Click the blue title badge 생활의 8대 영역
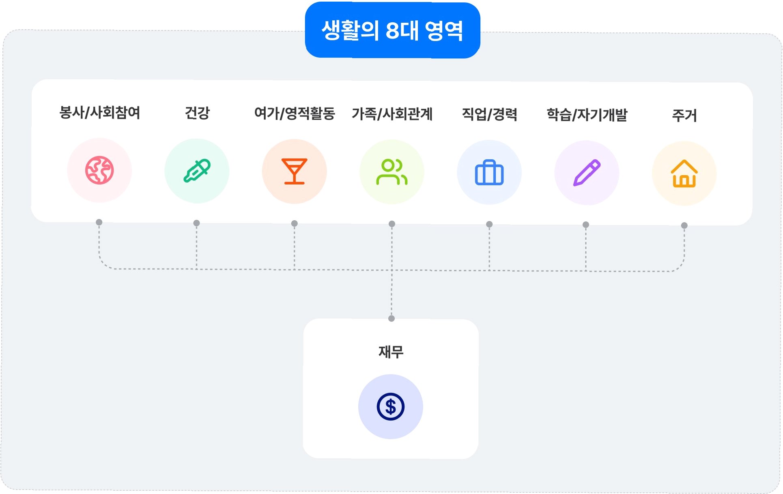pos(392,30)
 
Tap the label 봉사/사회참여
pos(100,112)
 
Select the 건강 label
pos(197,113)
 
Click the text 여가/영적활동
pos(295,113)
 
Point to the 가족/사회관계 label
pos(392,114)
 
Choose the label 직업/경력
pos(489,114)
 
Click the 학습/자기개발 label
pos(587,115)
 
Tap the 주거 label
pos(684,116)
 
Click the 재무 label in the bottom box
pos(391,352)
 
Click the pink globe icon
pos(99,170)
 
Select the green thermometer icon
pos(197,171)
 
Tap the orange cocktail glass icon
pos(295,172)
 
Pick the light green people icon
pos(392,172)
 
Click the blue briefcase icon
pos(489,173)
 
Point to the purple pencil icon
pos(587,173)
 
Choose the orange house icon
pos(684,174)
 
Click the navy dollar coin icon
pos(391,406)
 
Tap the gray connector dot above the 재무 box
pos(391,318)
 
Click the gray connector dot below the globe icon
pos(99,222)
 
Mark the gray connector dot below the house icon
pos(684,226)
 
